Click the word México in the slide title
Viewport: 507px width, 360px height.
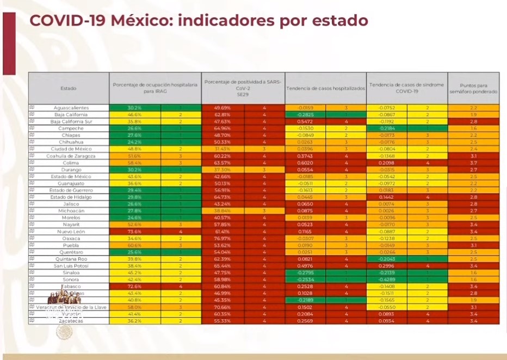tap(140, 21)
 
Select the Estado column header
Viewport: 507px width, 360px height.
tap(68, 88)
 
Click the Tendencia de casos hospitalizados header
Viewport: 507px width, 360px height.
tap(325, 88)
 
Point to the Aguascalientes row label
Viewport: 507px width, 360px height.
tap(71, 108)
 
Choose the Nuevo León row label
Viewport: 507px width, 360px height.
tap(71, 231)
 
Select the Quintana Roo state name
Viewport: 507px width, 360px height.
tap(71, 259)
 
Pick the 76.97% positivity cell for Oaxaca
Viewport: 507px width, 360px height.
tap(222, 238)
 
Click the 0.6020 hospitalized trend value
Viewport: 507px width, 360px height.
tap(304, 163)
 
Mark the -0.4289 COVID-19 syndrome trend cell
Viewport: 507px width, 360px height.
tap(387, 280)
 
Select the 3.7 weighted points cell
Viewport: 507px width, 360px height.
tap(473, 163)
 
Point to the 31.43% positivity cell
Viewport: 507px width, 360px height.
tap(222, 149)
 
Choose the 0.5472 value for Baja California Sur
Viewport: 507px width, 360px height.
tap(304, 122)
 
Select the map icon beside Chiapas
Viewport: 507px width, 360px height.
tap(32, 135)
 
